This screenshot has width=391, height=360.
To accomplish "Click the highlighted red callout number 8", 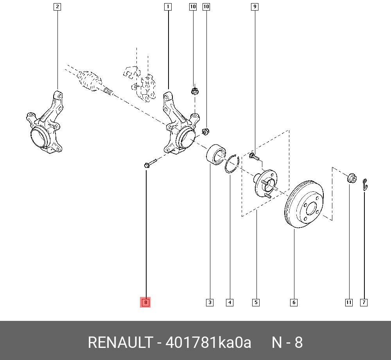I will [145, 302].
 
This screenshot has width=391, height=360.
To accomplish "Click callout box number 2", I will [57, 7].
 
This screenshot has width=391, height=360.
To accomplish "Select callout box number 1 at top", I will [168, 7].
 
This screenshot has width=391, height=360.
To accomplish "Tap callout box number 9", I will [255, 7].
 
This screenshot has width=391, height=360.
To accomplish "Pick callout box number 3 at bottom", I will [210, 302].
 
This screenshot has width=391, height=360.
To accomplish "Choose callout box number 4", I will [230, 302].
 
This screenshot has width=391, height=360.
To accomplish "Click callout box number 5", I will [256, 302].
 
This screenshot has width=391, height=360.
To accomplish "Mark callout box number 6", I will [294, 302].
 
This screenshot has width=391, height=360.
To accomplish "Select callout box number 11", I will [349, 302].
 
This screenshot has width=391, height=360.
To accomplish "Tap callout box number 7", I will [364, 302].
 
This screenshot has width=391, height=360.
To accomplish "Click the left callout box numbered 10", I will [193, 7].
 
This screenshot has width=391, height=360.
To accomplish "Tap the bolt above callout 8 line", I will [149, 163].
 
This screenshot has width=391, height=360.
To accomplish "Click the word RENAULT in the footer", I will [120, 342].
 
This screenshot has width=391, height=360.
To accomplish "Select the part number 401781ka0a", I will [208, 342].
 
